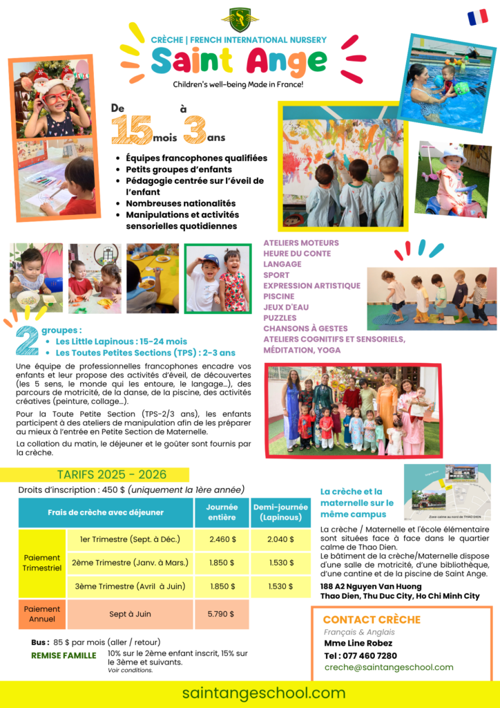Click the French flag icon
[x=477, y=17]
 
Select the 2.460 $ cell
[x=222, y=539]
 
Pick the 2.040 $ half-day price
[x=281, y=539]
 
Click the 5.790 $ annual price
[x=221, y=613]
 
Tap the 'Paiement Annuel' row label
[x=42, y=613]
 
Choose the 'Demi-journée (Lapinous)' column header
[x=281, y=512]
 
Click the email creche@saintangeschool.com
[x=389, y=667]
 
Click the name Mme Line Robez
[x=358, y=643]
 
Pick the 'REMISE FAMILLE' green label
[x=64, y=655]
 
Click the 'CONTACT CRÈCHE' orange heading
[x=372, y=619]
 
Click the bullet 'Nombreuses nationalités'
[x=180, y=203]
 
